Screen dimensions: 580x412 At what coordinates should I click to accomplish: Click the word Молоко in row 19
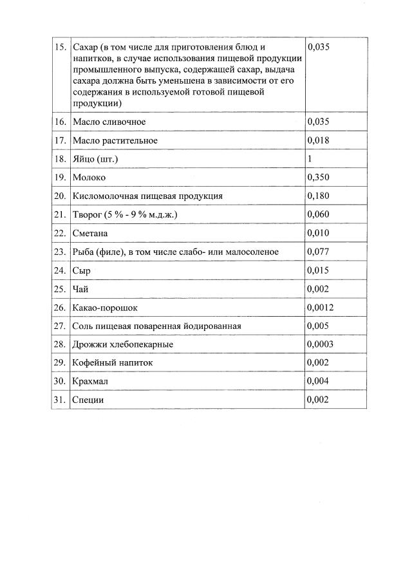[89, 177]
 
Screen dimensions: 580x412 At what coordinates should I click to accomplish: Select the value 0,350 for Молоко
[319, 177]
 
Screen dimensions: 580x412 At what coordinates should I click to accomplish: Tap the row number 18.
[60, 159]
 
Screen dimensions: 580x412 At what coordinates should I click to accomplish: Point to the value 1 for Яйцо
[310, 158]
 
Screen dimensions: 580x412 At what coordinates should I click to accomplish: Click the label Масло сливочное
[109, 122]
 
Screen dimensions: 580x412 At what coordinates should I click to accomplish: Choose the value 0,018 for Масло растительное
[319, 140]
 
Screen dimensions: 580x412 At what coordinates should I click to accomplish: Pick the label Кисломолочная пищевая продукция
[147, 196]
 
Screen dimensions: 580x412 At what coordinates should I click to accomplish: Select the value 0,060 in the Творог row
[319, 214]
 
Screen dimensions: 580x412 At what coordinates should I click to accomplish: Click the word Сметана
[91, 233]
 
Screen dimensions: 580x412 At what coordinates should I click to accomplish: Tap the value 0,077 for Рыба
[319, 252]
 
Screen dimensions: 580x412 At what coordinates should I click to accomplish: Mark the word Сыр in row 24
[82, 270]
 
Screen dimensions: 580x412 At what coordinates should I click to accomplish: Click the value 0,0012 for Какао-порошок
[321, 308]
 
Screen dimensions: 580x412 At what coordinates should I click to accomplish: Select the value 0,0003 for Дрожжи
[321, 344]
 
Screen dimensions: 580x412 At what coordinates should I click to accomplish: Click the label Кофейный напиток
[113, 363]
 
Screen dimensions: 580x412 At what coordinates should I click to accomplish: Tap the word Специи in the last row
[88, 400]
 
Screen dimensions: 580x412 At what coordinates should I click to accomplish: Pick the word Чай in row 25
[80, 289]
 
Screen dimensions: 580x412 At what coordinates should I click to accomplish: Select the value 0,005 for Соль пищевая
[319, 326]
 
